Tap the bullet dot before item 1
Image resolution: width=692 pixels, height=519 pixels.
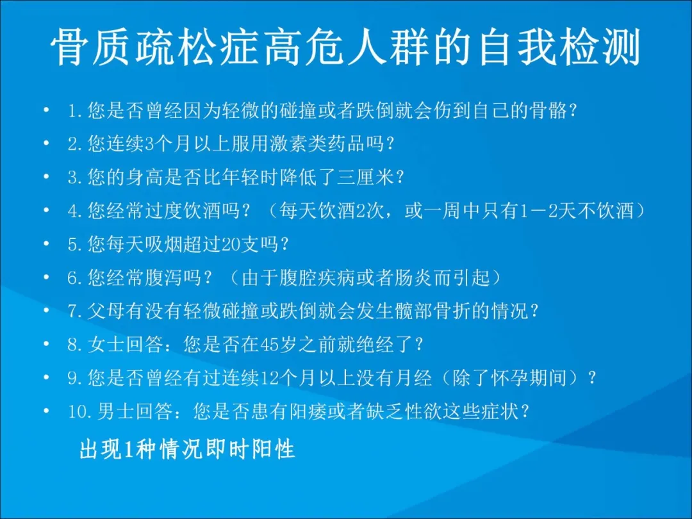click(x=45, y=111)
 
